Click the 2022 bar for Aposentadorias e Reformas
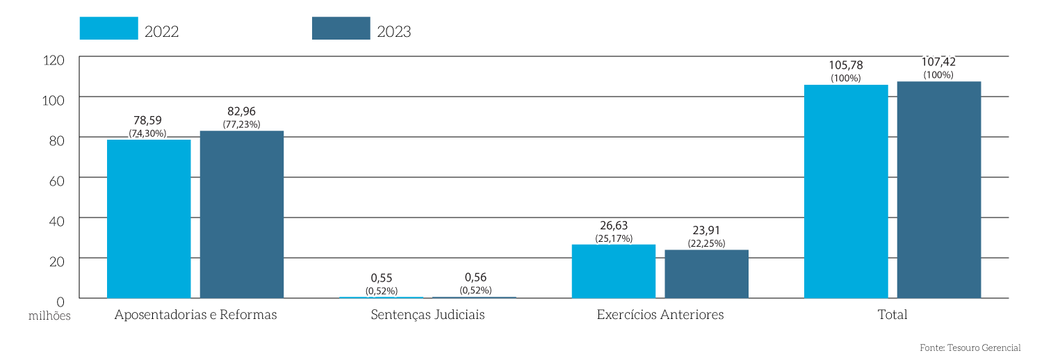point(149,219)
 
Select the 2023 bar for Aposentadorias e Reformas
point(242,215)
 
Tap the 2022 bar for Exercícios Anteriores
point(613,271)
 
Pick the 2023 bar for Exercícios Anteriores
point(706,274)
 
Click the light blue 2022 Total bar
point(846,191)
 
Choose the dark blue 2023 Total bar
point(939,190)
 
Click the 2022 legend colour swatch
point(108,28)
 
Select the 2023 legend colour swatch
point(341,28)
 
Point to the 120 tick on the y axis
point(54,60)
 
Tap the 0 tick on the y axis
point(60,302)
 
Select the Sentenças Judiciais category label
point(427,315)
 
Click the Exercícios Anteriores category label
point(660,315)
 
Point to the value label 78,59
point(147,120)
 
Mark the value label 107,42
point(938,62)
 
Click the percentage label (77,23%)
point(241,124)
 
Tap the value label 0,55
point(380,278)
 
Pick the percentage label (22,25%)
point(706,243)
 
